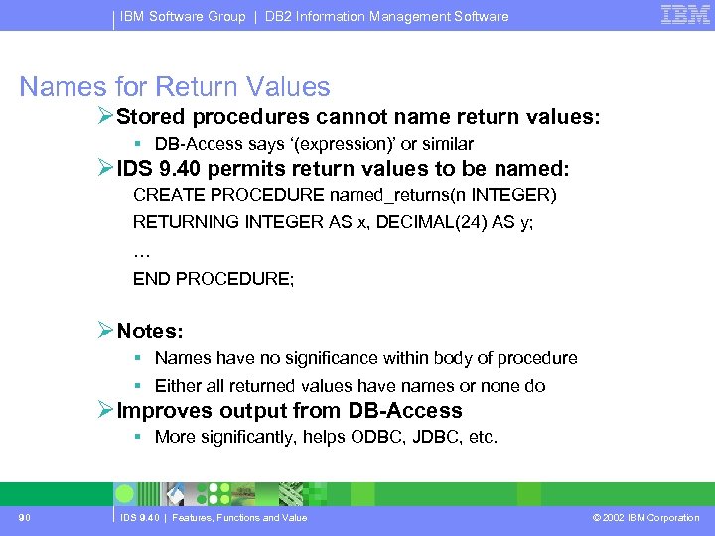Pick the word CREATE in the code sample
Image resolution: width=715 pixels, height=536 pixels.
164,195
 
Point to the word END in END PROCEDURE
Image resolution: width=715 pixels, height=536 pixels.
151,279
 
